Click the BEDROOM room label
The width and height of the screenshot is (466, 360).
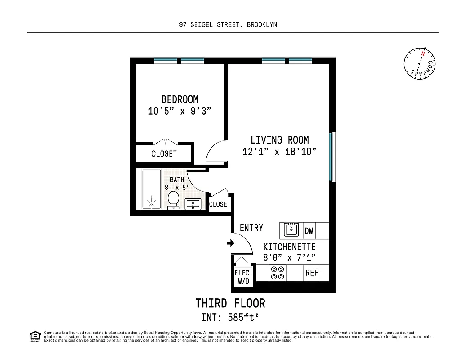(x=179, y=99)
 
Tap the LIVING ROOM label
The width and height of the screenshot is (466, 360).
(x=279, y=140)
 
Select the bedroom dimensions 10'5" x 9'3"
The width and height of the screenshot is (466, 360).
(x=179, y=111)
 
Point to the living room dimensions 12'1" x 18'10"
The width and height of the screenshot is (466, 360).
(x=279, y=152)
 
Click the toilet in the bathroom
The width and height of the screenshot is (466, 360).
(x=173, y=200)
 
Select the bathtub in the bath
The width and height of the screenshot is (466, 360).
(x=151, y=189)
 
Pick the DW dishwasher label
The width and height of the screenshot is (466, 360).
(x=309, y=231)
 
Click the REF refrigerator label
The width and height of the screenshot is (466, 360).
(x=312, y=273)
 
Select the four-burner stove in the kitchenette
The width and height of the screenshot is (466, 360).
(x=277, y=273)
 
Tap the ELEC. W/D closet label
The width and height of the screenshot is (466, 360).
(x=243, y=277)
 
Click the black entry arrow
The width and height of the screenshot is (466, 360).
(x=230, y=243)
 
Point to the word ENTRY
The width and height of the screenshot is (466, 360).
(x=251, y=228)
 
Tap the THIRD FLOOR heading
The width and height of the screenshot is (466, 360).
(x=230, y=303)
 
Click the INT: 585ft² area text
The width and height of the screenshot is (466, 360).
(x=230, y=318)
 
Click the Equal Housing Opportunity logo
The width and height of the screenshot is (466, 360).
(x=35, y=336)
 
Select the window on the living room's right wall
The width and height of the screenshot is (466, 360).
(x=332, y=157)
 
